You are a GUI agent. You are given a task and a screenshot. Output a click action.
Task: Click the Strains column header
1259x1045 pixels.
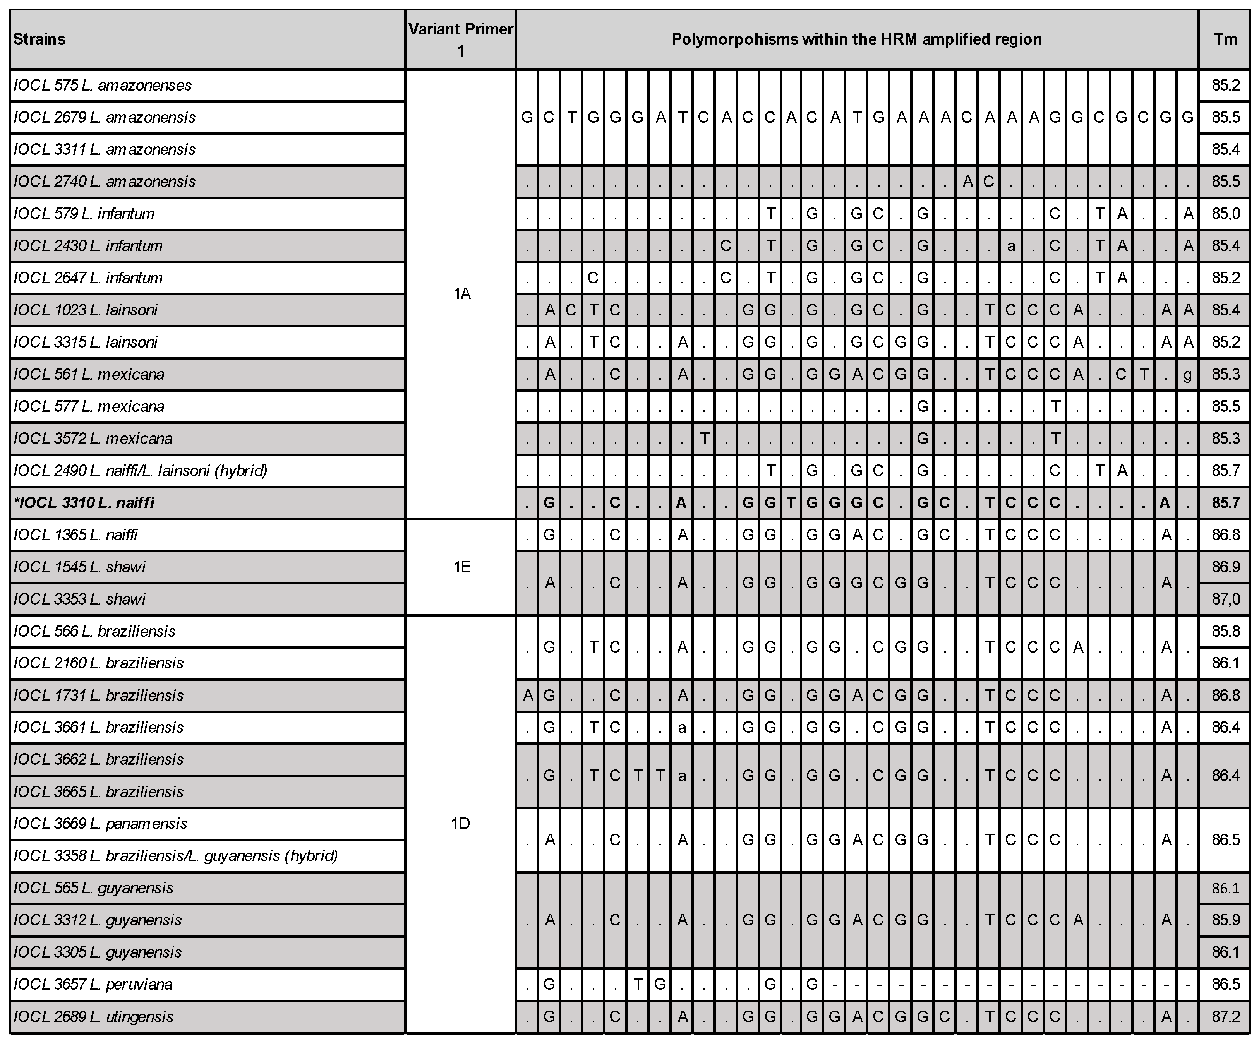[39, 39]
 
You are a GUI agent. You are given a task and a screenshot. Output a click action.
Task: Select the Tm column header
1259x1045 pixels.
[1225, 39]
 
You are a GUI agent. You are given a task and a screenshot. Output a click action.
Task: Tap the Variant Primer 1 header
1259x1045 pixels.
[460, 39]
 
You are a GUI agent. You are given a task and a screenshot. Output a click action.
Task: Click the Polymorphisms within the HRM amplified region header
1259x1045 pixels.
[857, 39]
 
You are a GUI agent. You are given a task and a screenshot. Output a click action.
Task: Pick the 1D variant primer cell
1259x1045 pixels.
[460, 823]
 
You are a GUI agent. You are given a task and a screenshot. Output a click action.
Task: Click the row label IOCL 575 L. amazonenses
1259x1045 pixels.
[103, 85]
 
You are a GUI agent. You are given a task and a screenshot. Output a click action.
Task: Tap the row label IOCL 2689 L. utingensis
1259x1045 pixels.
[94, 1017]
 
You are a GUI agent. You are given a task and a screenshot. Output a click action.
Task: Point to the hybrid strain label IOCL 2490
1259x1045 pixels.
[140, 470]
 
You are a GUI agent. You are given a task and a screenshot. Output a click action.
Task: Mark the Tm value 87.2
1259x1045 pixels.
[1225, 1017]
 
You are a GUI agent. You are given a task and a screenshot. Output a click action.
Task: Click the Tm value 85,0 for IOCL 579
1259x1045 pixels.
[1225, 213]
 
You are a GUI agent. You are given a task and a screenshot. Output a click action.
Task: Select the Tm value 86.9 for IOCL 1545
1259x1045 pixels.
[1225, 567]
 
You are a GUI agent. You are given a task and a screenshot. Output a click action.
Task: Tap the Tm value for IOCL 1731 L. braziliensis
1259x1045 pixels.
[1225, 695]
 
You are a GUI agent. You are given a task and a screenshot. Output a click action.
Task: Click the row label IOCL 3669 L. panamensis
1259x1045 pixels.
[100, 824]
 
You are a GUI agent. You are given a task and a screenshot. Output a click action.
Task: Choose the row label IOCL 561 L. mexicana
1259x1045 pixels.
[89, 375]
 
